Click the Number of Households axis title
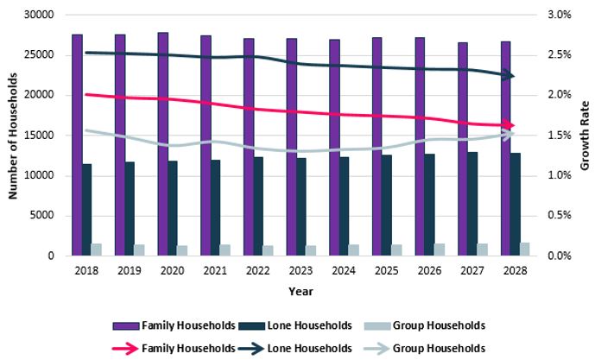click(14, 136)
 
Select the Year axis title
click(301, 292)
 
